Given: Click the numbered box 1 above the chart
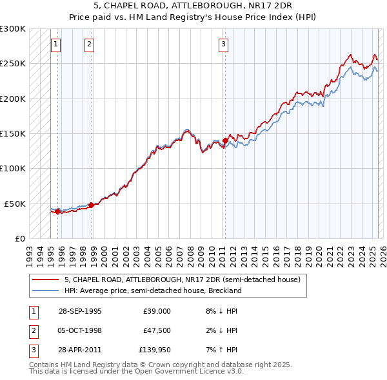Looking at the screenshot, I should coord(56,44).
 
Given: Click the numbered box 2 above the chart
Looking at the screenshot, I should coord(88,44).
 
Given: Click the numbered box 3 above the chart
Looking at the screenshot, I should coord(223,44).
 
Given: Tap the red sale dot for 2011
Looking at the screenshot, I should coord(225,140).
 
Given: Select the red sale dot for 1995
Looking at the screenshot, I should coord(57,211).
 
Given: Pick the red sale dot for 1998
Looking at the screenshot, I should coord(91,205).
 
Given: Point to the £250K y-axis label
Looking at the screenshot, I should coord(13,64).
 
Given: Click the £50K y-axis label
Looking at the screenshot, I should coord(15,204).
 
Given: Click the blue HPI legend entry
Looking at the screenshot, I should coord(152,290).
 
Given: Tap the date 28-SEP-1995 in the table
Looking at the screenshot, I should coord(80,311).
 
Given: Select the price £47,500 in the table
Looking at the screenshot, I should coord(157,330).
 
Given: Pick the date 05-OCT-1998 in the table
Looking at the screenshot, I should coord(80,330).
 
